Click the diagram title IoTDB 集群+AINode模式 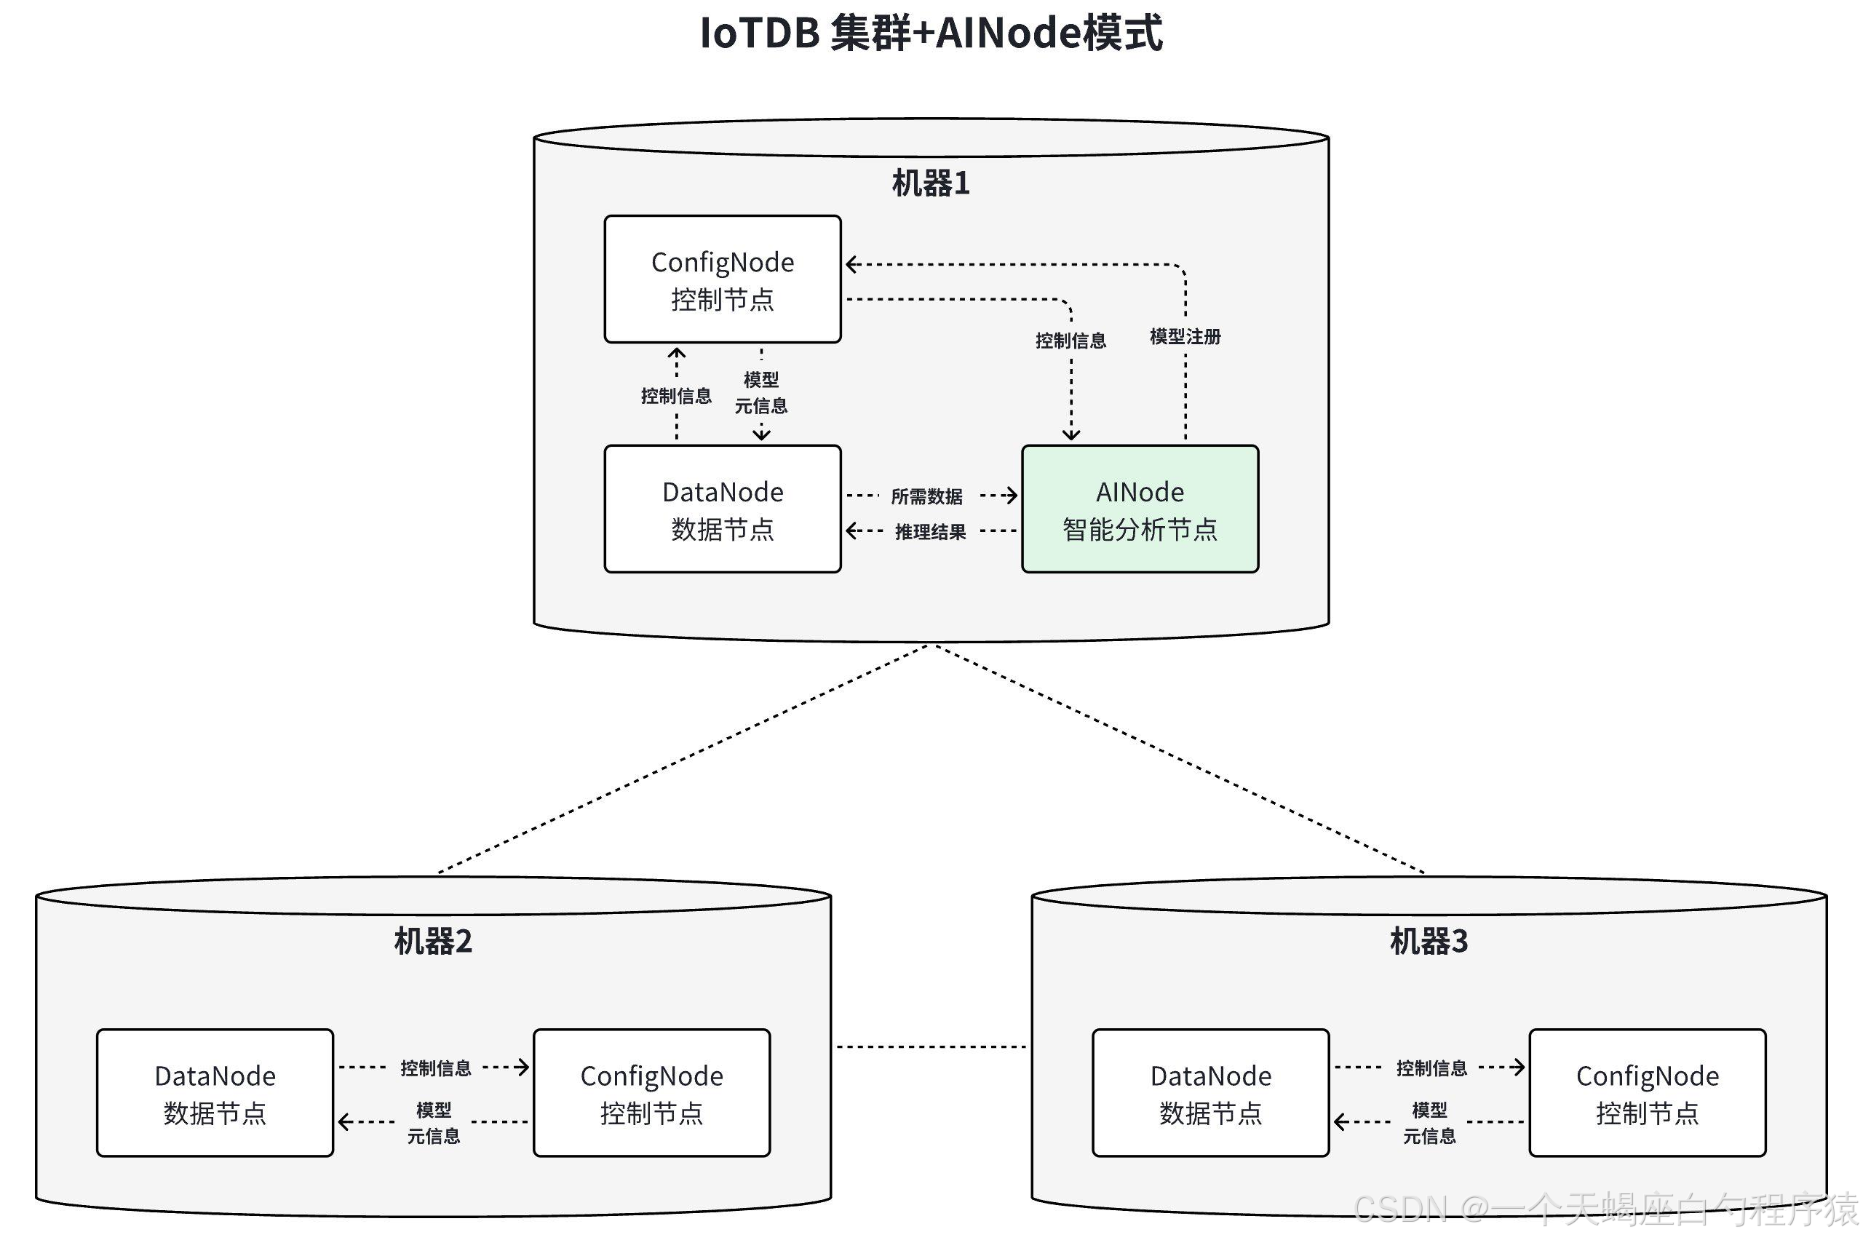click(931, 34)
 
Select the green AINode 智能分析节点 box click(1140, 509)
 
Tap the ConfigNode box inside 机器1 click(722, 279)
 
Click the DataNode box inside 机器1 click(722, 509)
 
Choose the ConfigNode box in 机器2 click(651, 1093)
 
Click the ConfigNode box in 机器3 click(1646, 1093)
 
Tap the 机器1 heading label click(931, 183)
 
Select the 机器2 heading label click(432, 941)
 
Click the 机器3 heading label click(1428, 941)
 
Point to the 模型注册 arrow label click(1185, 337)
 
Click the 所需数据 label click(926, 496)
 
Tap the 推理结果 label click(930, 532)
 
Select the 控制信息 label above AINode click(1070, 341)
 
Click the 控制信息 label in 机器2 click(435, 1068)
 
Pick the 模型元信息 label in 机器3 click(1429, 1123)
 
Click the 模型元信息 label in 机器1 click(760, 393)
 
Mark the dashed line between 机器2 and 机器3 click(931, 1047)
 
